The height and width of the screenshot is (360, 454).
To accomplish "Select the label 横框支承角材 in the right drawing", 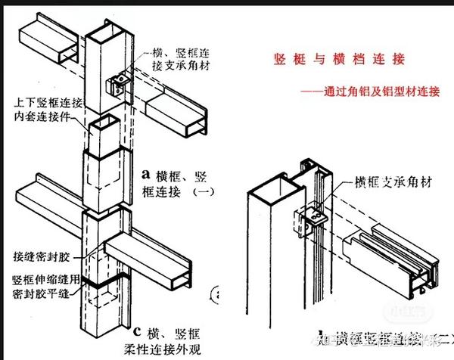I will [x=389, y=182].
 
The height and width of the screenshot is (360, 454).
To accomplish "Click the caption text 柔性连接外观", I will [x=174, y=347].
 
